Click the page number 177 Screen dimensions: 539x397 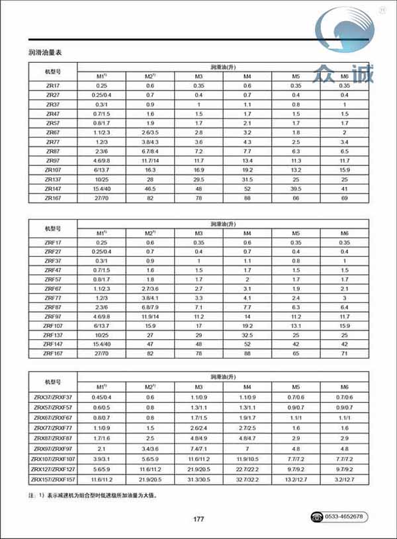pos(198,518)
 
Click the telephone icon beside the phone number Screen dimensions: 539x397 pos(317,517)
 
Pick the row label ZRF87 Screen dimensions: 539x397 pos(52,308)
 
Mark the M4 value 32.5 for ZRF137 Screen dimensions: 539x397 pos(247,335)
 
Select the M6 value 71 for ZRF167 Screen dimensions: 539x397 pos(345,354)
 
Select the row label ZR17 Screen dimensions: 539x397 pos(52,86)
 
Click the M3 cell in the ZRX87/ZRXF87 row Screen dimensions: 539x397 pos(198,439)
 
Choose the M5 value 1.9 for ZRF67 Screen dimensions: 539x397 pos(296,289)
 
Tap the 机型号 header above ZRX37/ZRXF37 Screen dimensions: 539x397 pos(52,382)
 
